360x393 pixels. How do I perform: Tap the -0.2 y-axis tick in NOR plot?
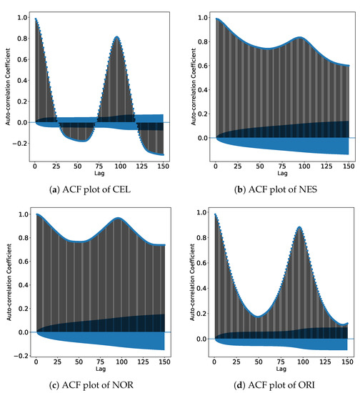click(x=21, y=355)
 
